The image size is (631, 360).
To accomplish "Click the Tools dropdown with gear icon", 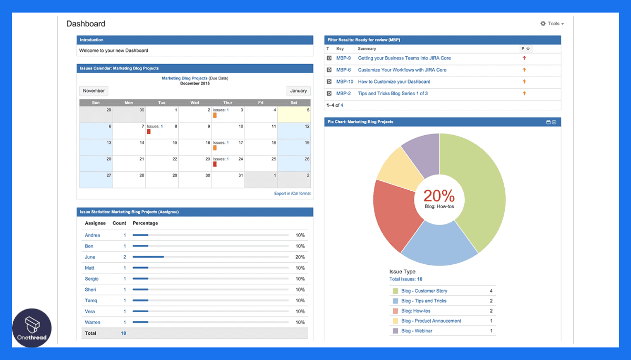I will (x=552, y=24).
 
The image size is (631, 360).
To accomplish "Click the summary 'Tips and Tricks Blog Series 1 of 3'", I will (x=393, y=94).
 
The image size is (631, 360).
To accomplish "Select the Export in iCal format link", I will (x=292, y=193).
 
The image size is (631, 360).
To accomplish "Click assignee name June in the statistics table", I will (x=90, y=257).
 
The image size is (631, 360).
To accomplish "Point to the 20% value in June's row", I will (x=300, y=257).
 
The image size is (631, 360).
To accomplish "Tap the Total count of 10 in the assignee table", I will (x=124, y=333).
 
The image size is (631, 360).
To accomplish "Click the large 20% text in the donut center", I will (x=439, y=196).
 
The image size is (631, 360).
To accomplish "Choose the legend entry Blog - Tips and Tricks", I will (x=423, y=301).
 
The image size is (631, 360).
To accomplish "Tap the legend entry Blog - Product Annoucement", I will (x=431, y=321).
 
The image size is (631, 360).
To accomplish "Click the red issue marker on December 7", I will (x=149, y=132).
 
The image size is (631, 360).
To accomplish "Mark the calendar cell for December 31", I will (x=228, y=179).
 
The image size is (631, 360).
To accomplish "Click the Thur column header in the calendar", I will (x=228, y=103).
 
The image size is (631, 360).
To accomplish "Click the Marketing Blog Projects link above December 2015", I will (x=184, y=78).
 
